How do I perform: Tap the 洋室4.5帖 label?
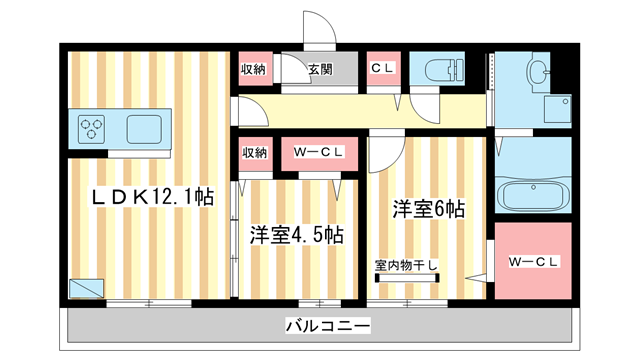click(x=297, y=235)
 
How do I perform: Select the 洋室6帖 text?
click(x=427, y=209)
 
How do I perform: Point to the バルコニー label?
click(x=327, y=325)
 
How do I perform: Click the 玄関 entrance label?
click(x=319, y=69)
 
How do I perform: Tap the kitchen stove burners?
click(x=93, y=128)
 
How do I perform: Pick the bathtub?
click(x=533, y=196)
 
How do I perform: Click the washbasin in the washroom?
click(x=539, y=72)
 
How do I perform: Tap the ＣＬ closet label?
click(x=382, y=69)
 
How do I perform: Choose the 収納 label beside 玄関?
click(x=254, y=69)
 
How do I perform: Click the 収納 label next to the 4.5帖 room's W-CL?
click(x=254, y=153)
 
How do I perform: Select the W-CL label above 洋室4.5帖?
click(x=319, y=153)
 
